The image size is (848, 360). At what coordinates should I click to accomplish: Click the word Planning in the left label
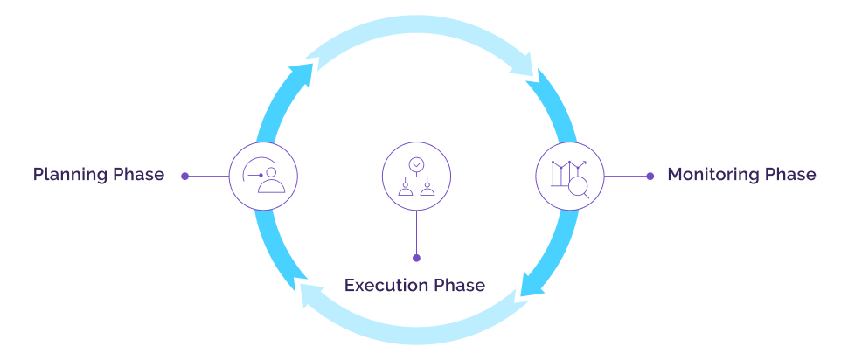72,175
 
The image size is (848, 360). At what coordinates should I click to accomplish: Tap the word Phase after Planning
139,175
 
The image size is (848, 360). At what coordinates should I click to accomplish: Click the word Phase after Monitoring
790,175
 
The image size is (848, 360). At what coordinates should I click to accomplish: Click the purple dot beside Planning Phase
184,176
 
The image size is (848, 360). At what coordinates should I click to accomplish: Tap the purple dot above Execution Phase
416,258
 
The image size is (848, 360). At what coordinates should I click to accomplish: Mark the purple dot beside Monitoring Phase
650,176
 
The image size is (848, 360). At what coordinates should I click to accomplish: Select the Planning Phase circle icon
263,176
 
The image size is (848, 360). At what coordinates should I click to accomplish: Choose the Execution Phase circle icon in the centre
416,176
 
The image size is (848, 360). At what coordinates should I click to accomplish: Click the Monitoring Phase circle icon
569,176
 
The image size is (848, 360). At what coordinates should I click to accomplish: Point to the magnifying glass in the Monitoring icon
579,184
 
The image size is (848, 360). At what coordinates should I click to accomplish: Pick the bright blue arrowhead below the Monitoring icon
532,284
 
